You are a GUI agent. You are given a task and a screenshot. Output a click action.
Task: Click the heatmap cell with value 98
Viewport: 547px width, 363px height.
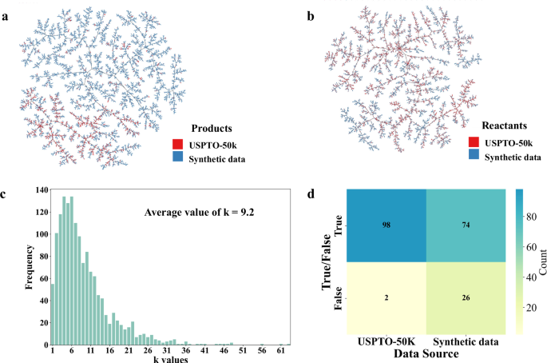click(x=386, y=226)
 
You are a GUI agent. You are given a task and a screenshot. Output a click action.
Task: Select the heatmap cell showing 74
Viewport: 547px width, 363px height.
click(x=465, y=226)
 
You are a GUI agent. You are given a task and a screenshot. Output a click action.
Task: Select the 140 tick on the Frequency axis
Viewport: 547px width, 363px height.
click(x=39, y=189)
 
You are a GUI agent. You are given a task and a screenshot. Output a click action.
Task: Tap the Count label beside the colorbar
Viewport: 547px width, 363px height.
click(x=541, y=261)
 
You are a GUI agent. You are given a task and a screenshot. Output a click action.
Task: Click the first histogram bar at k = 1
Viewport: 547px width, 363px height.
click(x=54, y=314)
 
